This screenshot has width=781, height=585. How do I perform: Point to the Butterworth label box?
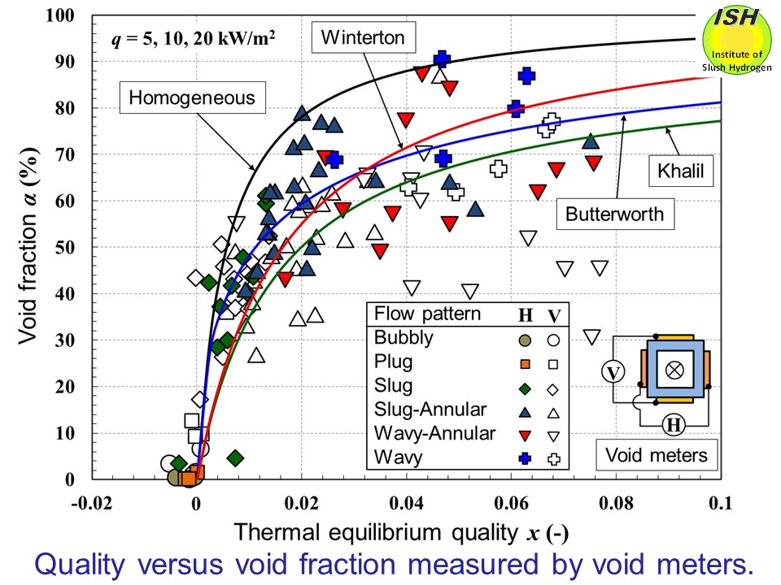(x=615, y=214)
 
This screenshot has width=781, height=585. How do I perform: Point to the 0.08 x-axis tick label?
(x=617, y=502)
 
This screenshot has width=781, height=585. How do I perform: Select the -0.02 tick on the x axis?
(x=91, y=502)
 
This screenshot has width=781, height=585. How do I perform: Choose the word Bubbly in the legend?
(x=404, y=336)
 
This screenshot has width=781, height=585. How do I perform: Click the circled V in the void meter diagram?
(x=613, y=371)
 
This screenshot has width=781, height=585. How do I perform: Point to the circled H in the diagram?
(x=672, y=423)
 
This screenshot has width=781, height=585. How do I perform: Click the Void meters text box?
(x=657, y=455)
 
